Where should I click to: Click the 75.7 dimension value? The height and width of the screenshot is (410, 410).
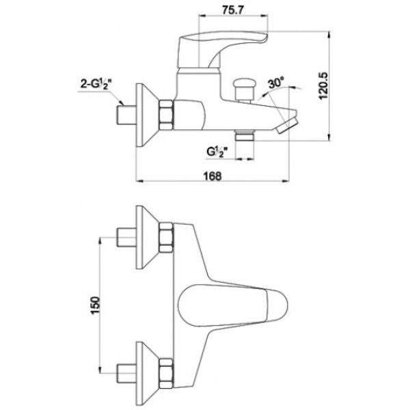point(233,10)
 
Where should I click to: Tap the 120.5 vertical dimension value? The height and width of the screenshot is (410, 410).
point(323,85)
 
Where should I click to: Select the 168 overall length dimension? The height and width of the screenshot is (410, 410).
point(213,176)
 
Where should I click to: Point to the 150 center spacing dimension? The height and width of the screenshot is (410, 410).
point(95,305)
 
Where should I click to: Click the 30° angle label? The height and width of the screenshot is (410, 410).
point(276,83)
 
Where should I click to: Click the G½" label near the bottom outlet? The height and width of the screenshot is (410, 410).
point(217,152)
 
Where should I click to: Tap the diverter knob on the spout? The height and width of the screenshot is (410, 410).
point(245,90)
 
